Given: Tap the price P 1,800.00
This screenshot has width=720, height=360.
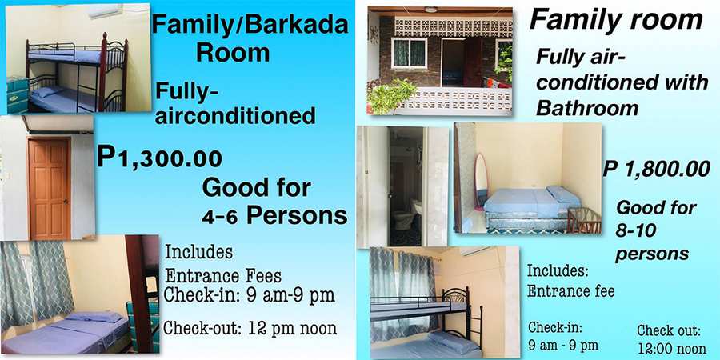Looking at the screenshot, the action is pos(657,170).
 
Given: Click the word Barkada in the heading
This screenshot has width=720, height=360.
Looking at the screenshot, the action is pos(298,26).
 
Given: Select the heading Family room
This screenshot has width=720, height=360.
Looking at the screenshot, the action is pos(616,21).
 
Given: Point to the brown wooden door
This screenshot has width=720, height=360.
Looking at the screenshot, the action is pos(49,188).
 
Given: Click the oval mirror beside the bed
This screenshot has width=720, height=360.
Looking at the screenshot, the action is pos(481,181).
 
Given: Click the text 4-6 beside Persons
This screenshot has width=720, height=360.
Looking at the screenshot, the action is pos(220,218).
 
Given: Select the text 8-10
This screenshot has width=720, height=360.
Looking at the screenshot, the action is pos(634,230).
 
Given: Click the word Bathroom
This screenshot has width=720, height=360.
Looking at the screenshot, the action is pos(587,108).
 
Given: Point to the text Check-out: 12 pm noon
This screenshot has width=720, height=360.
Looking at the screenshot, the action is pos(250,328).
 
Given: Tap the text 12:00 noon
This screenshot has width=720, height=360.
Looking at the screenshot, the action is pos(671,348).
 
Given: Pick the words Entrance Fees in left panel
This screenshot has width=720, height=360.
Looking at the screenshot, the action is pos(223,276).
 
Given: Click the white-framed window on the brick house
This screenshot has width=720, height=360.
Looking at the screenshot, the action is pos(409,52).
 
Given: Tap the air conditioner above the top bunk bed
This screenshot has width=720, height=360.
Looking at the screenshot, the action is pos(105,11).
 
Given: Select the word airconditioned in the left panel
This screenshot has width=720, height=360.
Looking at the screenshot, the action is pos(235,116).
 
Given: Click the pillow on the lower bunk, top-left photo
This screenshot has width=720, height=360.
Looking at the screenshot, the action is pos(45,91).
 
